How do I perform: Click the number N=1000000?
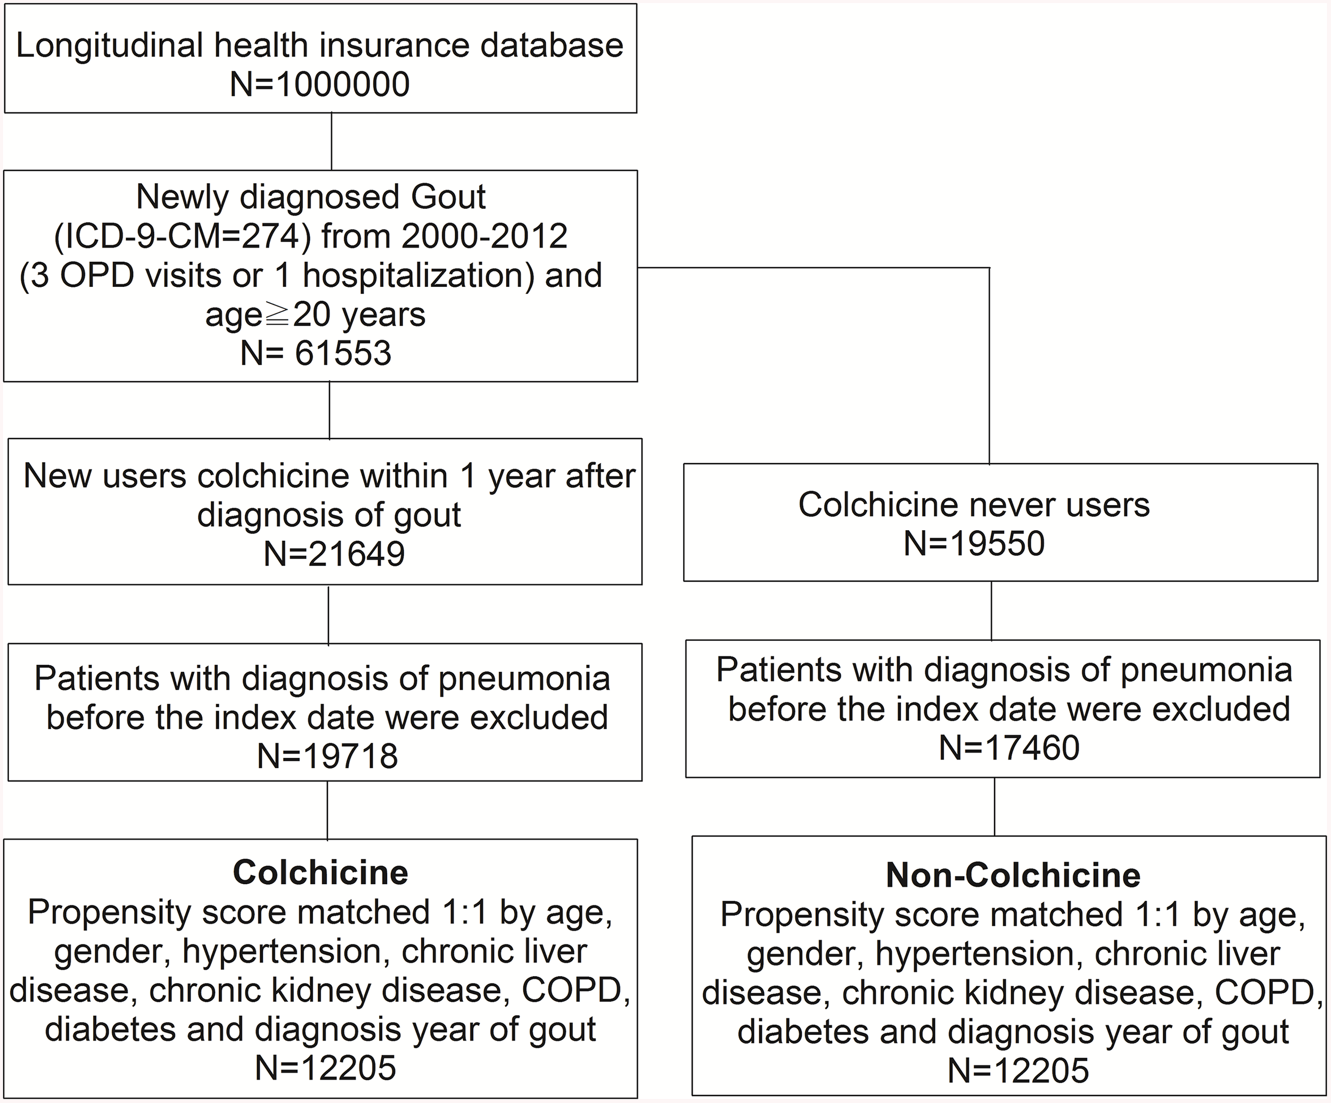pos(319,84)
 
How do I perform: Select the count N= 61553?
pos(316,353)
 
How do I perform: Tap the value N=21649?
pos(334,554)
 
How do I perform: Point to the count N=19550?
pos(974,544)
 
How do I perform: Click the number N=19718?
pos(327,755)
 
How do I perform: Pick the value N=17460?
pos(1009,747)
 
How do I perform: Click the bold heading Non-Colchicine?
pos(1013,876)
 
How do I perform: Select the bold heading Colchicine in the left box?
pos(321,873)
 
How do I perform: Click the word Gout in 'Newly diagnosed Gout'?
pos(448,197)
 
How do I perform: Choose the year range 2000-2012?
pos(484,236)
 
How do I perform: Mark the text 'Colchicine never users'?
pos(974,505)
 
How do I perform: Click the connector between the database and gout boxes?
pos(332,142)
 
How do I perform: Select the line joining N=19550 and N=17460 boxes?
pos(991,611)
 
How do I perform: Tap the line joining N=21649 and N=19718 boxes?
pos(328,614)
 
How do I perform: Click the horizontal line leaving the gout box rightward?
pos(811,268)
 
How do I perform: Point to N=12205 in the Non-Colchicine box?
pos(1018,1071)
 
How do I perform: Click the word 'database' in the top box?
pos(552,46)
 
